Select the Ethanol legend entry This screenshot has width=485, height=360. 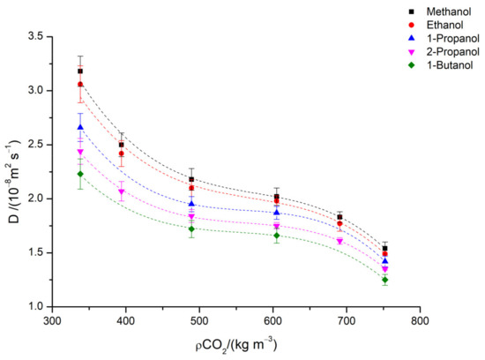(414, 26)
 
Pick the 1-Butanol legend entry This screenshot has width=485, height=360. (418, 70)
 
